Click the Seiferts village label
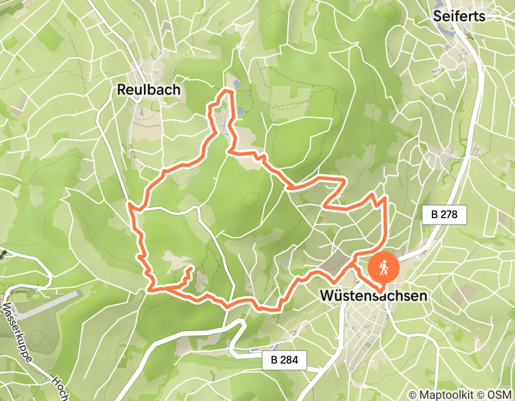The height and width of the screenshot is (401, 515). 459,15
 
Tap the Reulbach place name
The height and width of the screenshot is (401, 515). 148,89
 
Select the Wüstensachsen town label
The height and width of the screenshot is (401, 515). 373,296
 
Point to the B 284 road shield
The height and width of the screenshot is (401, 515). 284,360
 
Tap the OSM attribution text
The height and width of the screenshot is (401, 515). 498,394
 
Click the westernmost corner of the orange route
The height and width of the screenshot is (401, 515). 130,205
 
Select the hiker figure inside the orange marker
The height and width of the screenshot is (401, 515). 382,266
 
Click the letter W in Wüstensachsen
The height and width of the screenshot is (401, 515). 327,296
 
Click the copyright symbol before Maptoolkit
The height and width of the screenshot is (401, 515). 412,394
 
